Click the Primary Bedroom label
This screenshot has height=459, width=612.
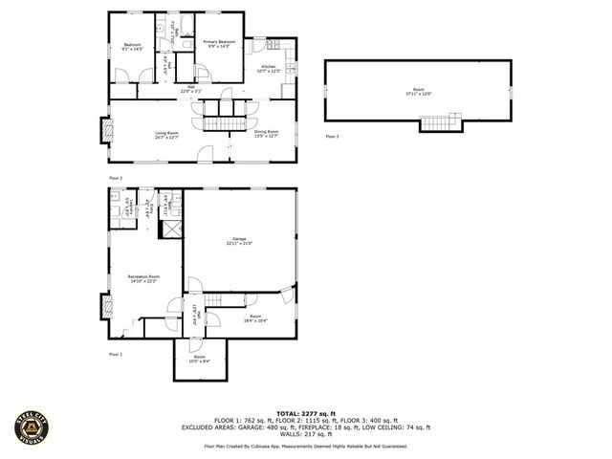[x=219, y=44]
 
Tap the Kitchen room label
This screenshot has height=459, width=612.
[x=269, y=69]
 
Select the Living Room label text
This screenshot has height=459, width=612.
[x=167, y=135]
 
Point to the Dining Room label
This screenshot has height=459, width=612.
[x=266, y=133]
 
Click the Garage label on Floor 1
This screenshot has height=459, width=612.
[x=239, y=241]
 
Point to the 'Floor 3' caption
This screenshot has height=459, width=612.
[x=332, y=138]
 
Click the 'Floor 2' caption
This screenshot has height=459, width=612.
[x=116, y=178]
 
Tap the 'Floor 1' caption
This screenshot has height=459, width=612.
[x=116, y=354]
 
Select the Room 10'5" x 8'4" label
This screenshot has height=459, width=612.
[x=199, y=359]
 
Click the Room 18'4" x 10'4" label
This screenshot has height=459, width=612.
[x=254, y=317]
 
